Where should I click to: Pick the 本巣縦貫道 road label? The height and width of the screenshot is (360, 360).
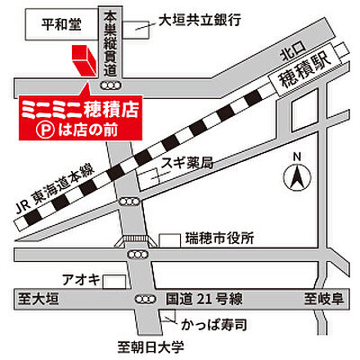click(111, 41)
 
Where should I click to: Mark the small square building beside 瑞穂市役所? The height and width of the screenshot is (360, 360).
click(170, 238)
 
